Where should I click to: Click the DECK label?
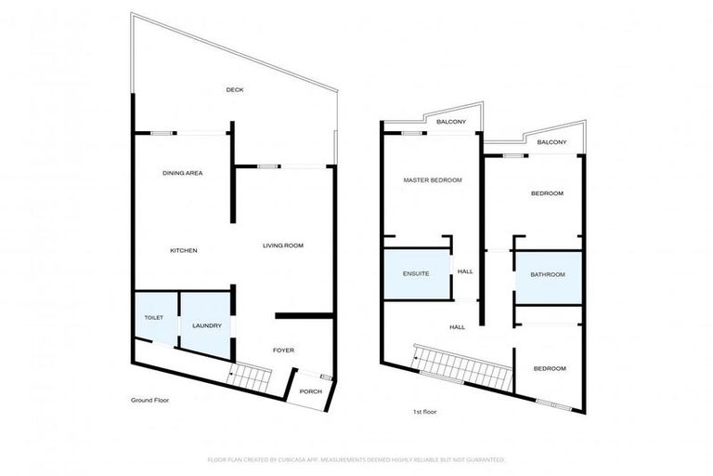235,90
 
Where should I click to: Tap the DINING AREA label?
183,173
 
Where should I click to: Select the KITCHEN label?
183,251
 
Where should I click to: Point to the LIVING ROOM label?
283,245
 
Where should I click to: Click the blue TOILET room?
154,319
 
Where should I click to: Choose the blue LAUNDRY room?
205,324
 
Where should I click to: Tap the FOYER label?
283,350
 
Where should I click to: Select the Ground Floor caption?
149,400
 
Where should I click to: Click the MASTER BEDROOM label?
433,179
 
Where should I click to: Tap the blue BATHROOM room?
548,275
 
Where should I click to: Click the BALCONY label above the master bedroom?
451,123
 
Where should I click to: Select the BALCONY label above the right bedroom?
551,142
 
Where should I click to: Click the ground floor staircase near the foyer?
248,377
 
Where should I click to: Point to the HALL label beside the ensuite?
465,271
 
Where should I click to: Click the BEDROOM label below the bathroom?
549,369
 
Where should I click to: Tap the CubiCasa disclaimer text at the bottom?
356,459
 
